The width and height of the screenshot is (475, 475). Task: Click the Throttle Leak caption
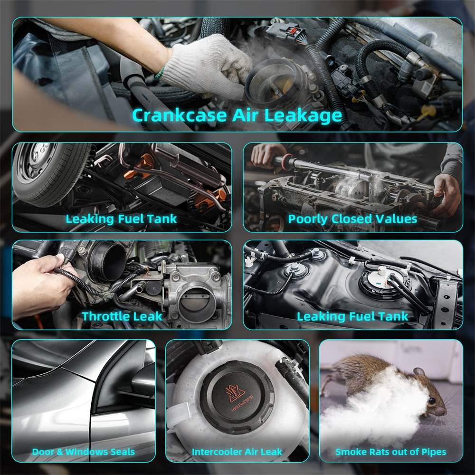pos(122,316)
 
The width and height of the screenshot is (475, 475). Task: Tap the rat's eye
pos(432,401)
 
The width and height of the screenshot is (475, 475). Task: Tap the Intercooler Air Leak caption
pos(237,452)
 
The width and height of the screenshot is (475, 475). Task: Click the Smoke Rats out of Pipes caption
pos(391,452)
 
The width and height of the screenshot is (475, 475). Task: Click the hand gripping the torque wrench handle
pos(267,156)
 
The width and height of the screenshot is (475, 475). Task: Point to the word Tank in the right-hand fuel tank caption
pos(393,316)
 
